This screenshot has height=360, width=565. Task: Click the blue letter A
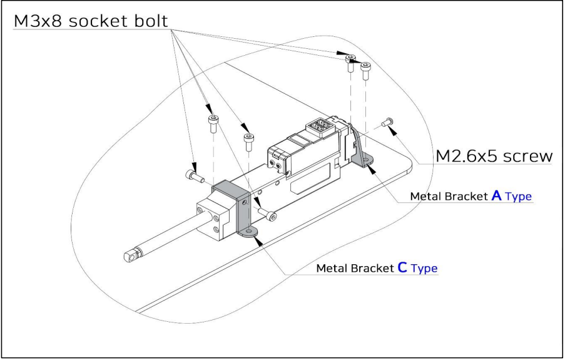tap(497, 195)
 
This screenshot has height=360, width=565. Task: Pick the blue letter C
tap(402, 267)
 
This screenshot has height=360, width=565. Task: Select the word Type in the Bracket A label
tap(519, 197)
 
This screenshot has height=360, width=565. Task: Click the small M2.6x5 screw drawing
tap(389, 121)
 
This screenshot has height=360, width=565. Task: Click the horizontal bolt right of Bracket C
tap(268, 216)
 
